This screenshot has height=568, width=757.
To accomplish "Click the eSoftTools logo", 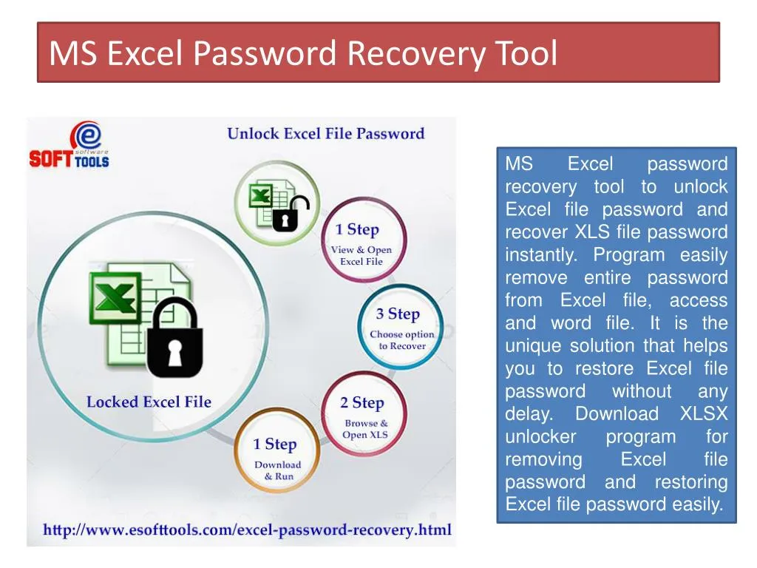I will (69, 146).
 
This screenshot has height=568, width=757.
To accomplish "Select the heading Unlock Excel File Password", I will (325, 134).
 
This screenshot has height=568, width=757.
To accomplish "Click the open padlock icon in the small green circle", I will (291, 212).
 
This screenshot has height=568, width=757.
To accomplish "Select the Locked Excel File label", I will (149, 402).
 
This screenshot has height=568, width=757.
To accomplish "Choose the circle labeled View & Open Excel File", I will (361, 240).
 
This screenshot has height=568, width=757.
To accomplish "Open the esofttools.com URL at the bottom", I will (247, 530).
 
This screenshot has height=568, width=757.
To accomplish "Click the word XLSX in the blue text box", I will (704, 413).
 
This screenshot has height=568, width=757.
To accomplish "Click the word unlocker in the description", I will (540, 436).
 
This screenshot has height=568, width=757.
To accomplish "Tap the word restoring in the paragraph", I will (690, 482).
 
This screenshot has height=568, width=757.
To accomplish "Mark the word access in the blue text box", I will (698, 300).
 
